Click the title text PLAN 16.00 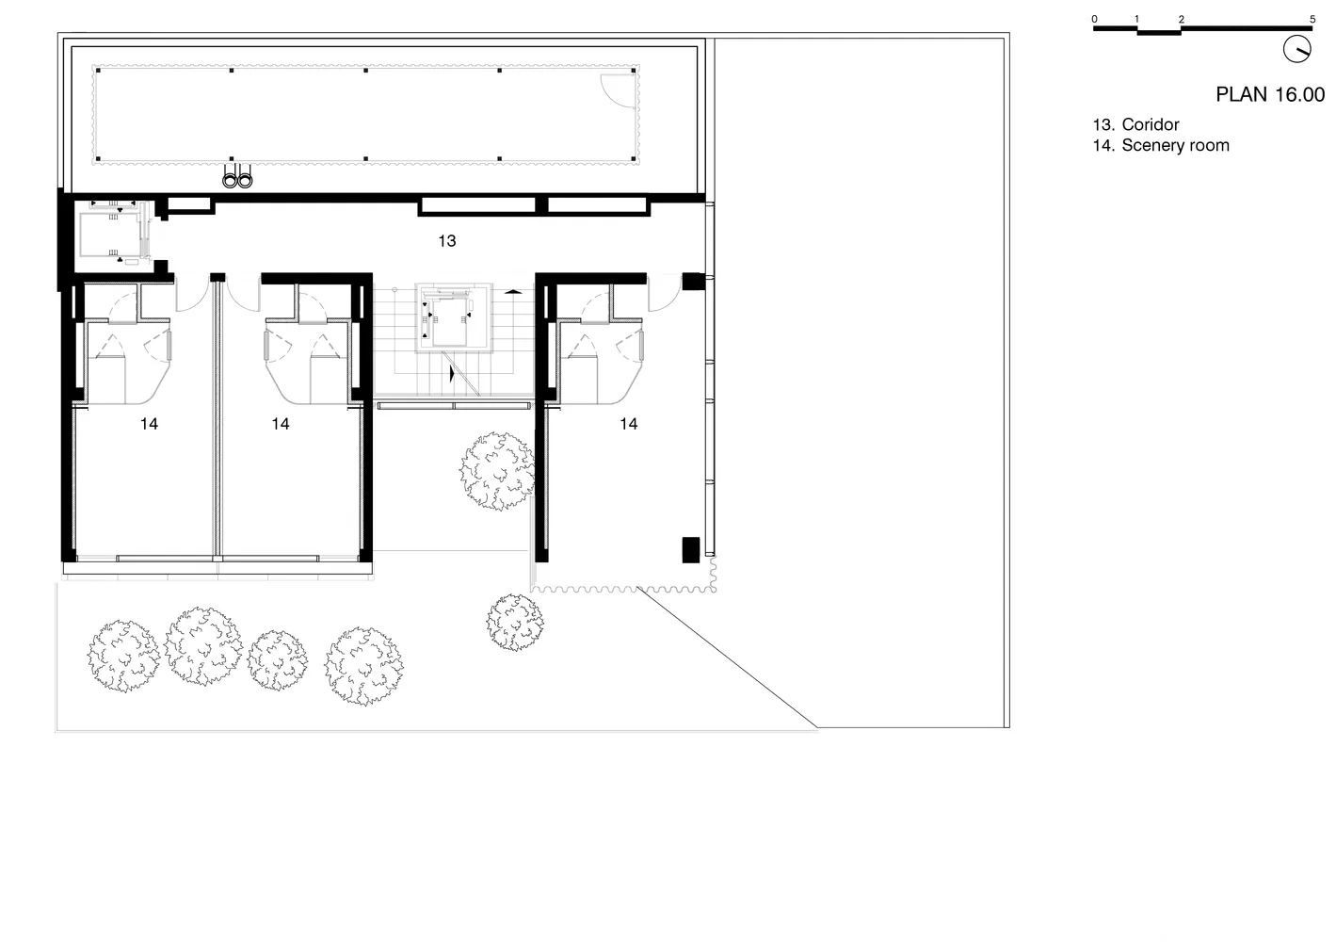coord(1270,94)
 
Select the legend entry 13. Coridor coord(1135,124)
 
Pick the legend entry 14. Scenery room coord(1161,146)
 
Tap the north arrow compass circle coord(1297,48)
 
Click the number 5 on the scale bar coord(1312,19)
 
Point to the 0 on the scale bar coord(1094,19)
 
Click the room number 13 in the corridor coord(446,240)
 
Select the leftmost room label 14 coord(149,424)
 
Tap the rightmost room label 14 coord(629,424)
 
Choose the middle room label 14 coord(281,424)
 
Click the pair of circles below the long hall coord(237,180)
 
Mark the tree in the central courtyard coord(497,471)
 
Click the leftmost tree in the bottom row coord(123,656)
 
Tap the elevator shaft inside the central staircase coord(454,317)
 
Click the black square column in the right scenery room coord(691,550)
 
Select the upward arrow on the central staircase coord(513,292)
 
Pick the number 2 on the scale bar coord(1181,19)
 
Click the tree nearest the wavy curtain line coord(515,622)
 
